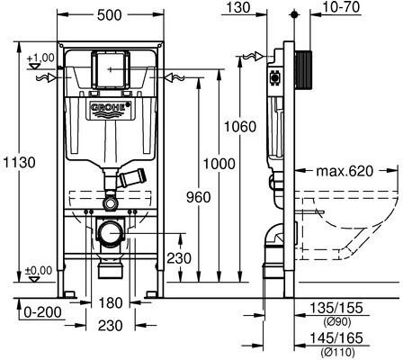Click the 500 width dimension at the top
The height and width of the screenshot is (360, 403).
[110, 15]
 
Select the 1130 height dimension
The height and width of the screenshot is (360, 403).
[19, 163]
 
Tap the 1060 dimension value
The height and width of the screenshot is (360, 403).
[240, 127]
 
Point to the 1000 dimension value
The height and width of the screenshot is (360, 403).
[219, 164]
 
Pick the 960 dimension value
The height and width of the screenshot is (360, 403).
[199, 197]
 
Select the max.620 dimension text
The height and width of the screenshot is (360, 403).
[345, 171]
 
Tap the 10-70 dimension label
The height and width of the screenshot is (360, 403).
[341, 7]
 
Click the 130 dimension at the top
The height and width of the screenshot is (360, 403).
[237, 7]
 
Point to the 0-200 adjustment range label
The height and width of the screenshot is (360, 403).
[42, 312]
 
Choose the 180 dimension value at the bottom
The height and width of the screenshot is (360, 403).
[110, 303]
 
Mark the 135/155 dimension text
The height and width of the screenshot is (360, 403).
[336, 308]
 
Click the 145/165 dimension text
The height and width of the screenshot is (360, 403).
[336, 337]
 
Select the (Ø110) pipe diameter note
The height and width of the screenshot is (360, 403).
[337, 351]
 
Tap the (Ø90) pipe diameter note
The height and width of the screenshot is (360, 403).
[336, 322]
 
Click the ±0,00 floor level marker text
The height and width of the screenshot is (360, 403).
[39, 270]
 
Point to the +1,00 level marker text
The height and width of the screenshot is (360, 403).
[40, 58]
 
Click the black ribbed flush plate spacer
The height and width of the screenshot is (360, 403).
[303, 70]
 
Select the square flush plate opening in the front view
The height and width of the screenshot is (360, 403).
[110, 70]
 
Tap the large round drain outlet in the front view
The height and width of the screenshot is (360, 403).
[111, 232]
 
